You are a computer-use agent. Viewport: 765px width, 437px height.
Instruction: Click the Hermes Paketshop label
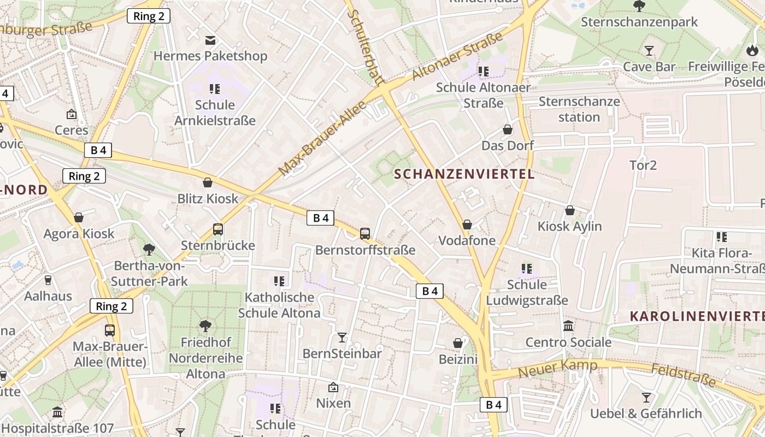210,56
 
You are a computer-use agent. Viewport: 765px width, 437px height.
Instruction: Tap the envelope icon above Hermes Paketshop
210,40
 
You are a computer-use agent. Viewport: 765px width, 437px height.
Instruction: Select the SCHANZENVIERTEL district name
464,174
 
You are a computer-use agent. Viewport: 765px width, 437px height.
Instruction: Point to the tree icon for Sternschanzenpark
639,6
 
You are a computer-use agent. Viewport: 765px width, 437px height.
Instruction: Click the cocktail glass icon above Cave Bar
649,51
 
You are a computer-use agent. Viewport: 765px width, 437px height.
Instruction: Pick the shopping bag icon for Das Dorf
508,129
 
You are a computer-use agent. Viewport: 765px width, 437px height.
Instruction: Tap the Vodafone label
467,240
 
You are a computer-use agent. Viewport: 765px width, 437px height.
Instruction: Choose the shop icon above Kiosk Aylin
570,210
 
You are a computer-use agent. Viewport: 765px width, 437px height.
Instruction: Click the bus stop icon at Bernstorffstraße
365,234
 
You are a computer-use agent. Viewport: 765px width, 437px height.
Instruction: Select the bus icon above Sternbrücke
218,229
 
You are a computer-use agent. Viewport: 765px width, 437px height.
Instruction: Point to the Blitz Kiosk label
208,198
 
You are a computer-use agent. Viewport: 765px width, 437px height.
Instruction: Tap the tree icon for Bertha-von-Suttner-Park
149,250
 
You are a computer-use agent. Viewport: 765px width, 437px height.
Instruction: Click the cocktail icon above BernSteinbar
342,337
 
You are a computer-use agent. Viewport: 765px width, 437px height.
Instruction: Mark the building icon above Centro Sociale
568,326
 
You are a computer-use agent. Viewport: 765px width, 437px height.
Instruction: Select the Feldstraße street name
683,375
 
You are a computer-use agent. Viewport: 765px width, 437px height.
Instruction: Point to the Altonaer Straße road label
457,56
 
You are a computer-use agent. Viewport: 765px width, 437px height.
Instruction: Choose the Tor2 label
643,165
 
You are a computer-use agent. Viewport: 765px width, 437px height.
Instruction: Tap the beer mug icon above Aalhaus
48,280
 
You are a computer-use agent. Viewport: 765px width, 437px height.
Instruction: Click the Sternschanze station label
579,109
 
